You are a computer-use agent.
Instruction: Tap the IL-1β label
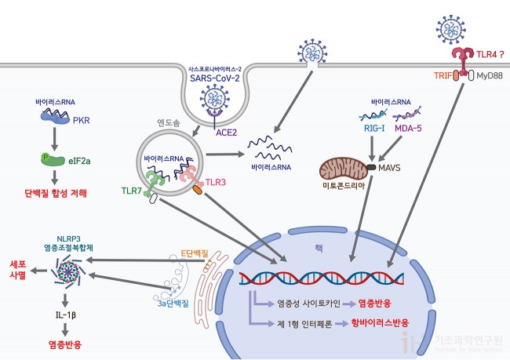63,315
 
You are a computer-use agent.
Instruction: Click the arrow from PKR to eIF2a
54,138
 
